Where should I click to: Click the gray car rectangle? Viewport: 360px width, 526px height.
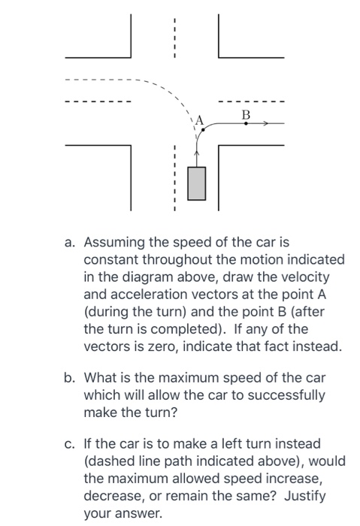(197, 183)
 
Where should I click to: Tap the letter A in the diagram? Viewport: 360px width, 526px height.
(199, 119)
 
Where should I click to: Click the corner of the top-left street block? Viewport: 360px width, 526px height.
(131, 57)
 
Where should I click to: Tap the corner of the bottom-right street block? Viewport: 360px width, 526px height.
(219, 146)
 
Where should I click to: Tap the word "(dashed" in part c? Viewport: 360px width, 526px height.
(110, 461)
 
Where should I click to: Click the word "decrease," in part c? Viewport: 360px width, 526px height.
(113, 495)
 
